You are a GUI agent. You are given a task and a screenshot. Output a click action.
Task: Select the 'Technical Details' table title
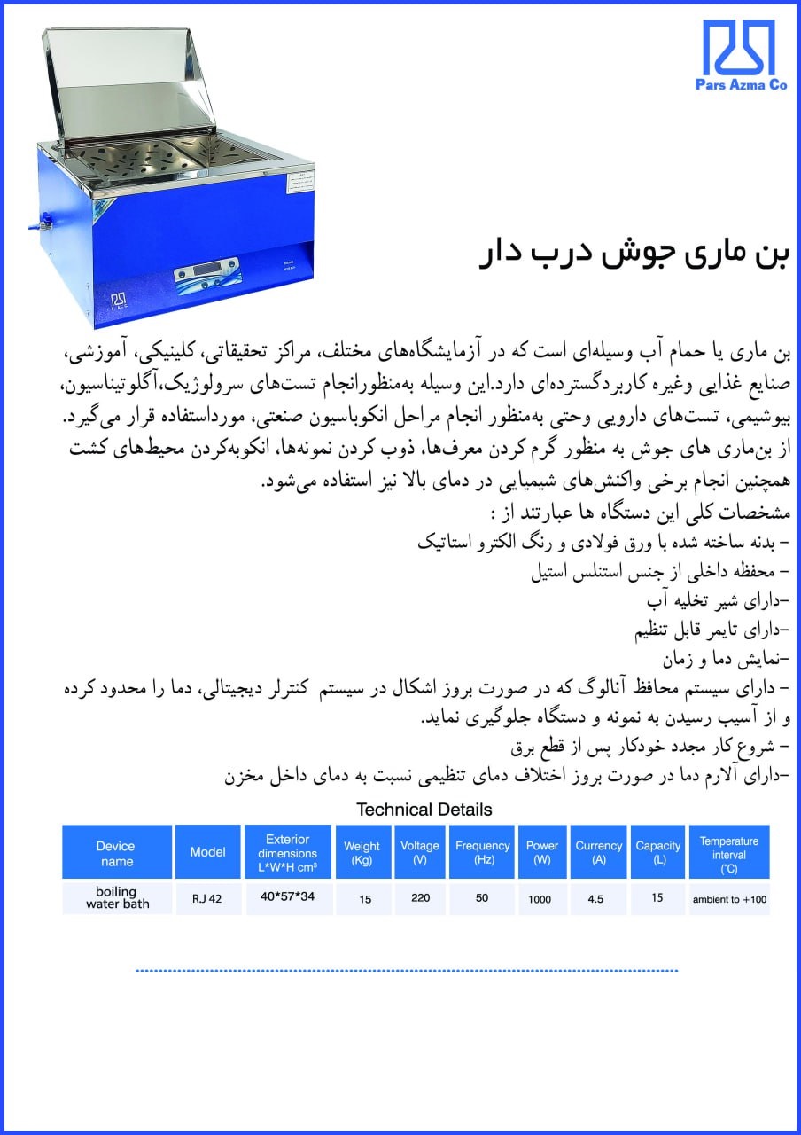point(424,809)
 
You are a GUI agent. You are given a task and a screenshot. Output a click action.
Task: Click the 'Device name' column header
point(116,853)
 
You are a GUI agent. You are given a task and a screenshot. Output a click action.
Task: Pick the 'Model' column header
point(207,852)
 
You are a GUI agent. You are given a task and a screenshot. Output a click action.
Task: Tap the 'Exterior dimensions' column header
point(287,852)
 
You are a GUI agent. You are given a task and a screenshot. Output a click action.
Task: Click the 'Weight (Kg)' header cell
point(362,852)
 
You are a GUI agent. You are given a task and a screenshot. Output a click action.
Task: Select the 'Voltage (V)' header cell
point(420,852)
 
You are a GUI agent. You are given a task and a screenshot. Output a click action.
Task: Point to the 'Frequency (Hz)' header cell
point(482,852)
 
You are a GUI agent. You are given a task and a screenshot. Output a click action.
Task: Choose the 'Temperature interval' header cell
point(728,853)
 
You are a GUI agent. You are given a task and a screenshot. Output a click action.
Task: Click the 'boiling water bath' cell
point(117,897)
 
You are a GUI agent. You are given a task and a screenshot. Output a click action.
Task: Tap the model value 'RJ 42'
point(207,898)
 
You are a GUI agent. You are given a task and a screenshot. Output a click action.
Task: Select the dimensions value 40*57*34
point(287,896)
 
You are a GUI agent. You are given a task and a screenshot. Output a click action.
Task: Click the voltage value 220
point(420,897)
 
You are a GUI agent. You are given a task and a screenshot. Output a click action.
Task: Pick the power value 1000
point(540,899)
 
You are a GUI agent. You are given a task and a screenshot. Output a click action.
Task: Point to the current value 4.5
point(595,898)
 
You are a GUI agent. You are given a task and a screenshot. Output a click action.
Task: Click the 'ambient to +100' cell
point(728,898)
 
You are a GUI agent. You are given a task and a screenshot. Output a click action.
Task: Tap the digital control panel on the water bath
point(206,270)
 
